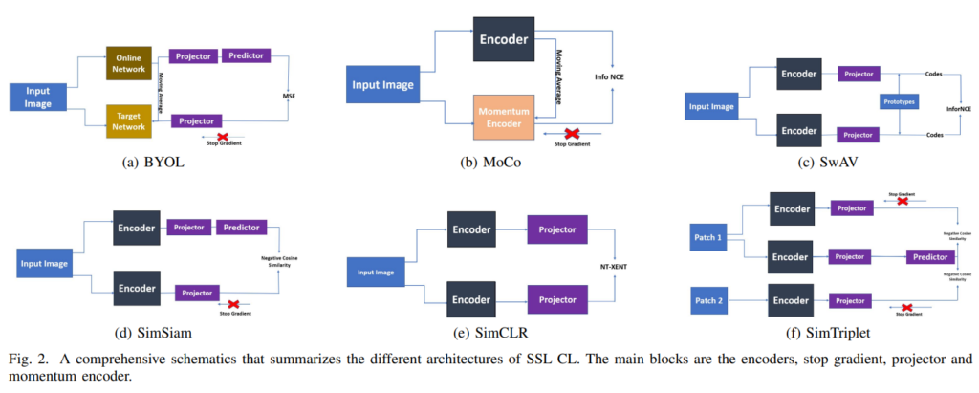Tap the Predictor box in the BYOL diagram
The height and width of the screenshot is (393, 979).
point(247,55)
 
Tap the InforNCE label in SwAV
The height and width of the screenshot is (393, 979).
point(959,108)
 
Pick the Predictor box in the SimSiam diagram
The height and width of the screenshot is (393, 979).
point(243,228)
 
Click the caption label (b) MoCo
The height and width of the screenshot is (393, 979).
point(489,163)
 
